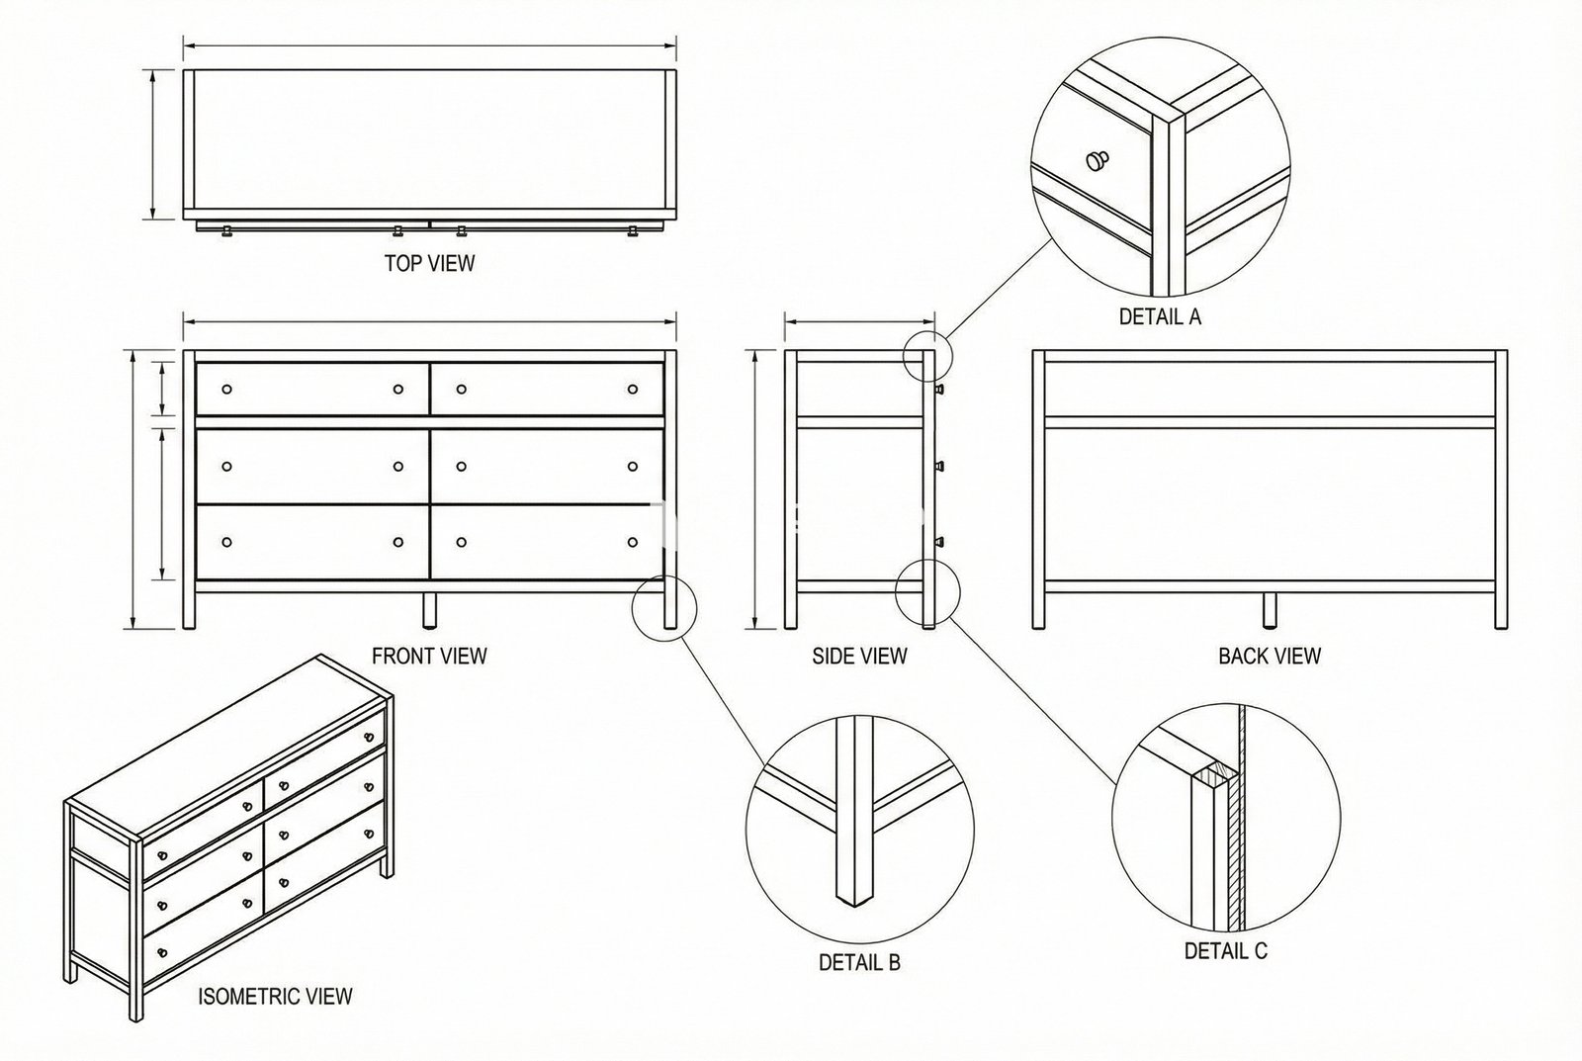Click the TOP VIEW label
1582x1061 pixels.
429,263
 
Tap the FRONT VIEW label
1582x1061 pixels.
429,657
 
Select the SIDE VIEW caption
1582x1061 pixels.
859,657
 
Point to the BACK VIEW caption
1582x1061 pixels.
1270,657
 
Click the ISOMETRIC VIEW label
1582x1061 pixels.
275,997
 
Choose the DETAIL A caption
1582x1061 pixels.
1161,316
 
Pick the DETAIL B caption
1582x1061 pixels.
859,963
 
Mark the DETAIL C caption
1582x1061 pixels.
1226,951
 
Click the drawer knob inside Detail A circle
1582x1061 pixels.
1097,160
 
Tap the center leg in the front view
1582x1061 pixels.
429,611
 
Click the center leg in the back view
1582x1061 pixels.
1270,611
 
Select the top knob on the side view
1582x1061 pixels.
939,390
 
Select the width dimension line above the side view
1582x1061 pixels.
860,322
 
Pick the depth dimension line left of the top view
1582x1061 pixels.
153,144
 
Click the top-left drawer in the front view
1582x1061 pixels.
312,390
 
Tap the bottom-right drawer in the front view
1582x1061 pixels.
547,543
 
